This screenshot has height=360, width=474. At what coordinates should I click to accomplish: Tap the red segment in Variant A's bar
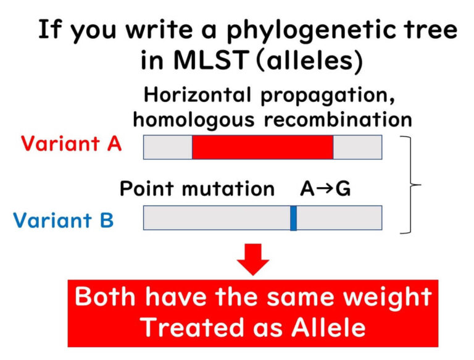click(x=262, y=147)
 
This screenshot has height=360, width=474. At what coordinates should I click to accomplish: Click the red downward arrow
click(x=253, y=258)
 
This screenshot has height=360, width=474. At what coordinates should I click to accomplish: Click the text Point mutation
click(x=197, y=188)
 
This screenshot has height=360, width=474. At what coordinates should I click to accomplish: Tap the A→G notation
click(x=325, y=188)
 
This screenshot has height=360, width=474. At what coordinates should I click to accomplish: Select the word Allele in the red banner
click(x=321, y=327)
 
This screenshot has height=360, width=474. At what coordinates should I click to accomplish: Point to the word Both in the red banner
click(x=106, y=297)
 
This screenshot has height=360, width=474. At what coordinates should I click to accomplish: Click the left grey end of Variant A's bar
click(x=168, y=147)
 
